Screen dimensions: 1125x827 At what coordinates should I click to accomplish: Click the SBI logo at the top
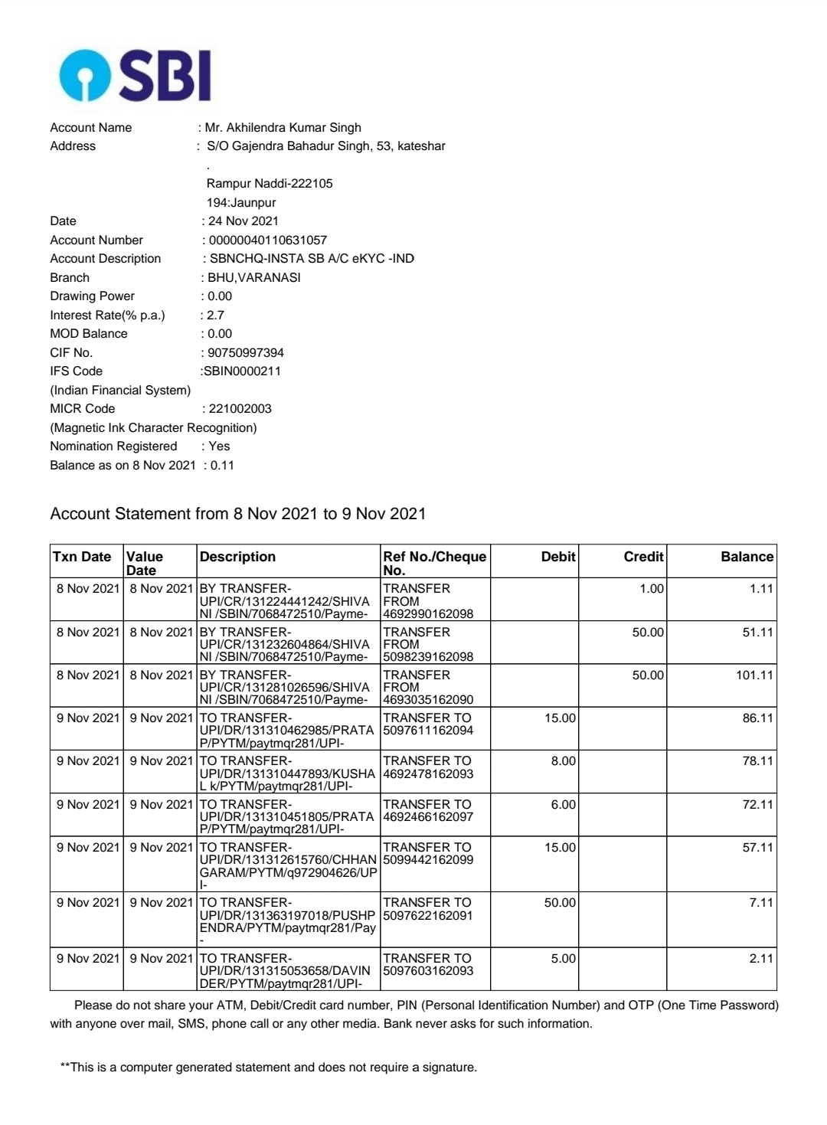click(x=135, y=75)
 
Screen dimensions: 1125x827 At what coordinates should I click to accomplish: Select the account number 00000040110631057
click(x=267, y=240)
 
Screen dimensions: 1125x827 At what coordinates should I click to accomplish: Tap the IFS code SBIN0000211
click(x=242, y=371)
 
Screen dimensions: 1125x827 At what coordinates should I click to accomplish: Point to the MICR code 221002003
click(x=240, y=408)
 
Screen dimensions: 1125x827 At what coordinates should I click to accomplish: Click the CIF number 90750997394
click(x=245, y=352)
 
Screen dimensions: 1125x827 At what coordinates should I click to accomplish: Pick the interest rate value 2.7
click(x=215, y=315)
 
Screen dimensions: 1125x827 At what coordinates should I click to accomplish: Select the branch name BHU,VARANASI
click(x=253, y=277)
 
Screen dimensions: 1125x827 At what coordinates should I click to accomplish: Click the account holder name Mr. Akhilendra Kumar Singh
click(x=283, y=127)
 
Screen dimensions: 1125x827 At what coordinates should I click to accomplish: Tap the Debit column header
click(x=557, y=557)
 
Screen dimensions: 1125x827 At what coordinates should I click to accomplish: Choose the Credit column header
click(x=643, y=557)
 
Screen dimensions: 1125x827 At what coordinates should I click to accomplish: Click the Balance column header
click(x=747, y=557)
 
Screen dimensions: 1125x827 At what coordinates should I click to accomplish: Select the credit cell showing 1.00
click(x=652, y=588)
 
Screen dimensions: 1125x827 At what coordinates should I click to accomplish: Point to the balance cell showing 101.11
click(x=754, y=675)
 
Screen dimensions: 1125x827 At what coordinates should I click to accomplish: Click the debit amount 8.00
click(x=563, y=760)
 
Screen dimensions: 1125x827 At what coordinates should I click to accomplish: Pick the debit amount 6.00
click(x=563, y=804)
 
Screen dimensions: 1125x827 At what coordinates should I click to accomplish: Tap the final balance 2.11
click(x=760, y=958)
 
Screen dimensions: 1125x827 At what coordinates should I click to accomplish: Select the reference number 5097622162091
click(x=428, y=915)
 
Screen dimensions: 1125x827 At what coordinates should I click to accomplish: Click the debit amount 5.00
click(x=563, y=958)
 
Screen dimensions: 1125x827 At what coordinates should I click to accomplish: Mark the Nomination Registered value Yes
click(x=219, y=446)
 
